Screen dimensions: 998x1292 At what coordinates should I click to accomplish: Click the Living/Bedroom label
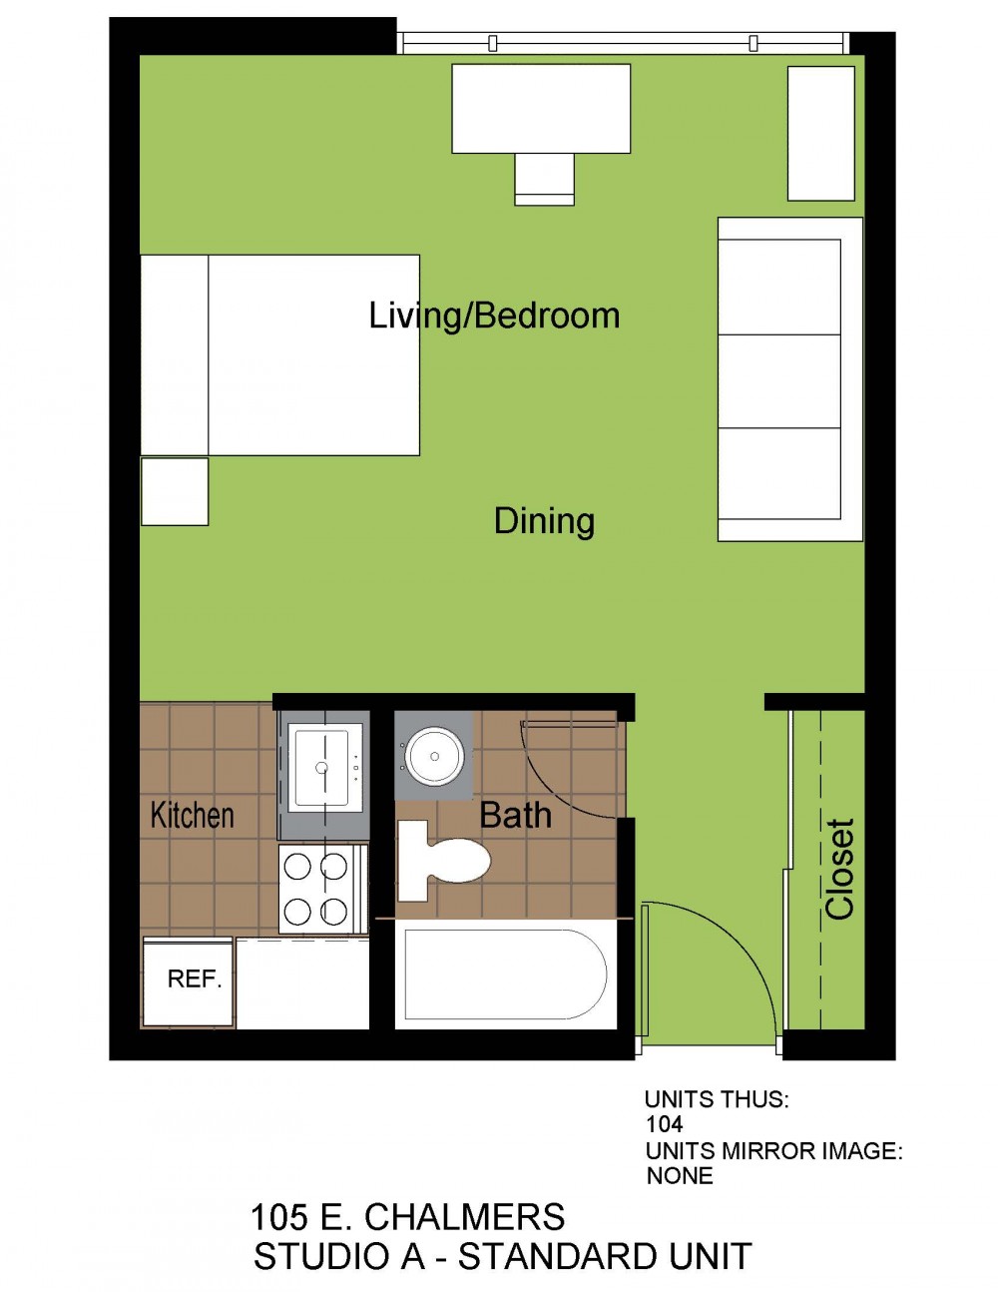[x=494, y=316]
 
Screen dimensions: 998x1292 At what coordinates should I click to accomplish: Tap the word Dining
[x=544, y=521]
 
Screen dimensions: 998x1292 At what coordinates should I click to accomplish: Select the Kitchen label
[x=192, y=815]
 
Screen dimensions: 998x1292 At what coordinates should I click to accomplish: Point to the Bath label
[x=515, y=815]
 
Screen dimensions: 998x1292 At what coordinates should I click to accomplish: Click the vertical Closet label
[x=839, y=870]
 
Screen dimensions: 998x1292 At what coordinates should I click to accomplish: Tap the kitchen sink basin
[x=321, y=768]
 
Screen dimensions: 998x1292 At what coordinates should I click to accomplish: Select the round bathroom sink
[x=434, y=756]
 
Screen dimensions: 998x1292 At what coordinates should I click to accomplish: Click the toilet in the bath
[x=443, y=861]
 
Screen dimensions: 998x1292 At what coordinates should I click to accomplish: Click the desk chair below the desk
[x=544, y=180]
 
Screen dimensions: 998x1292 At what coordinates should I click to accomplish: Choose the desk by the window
[x=541, y=109]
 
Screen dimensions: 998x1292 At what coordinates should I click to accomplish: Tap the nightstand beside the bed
[x=175, y=491]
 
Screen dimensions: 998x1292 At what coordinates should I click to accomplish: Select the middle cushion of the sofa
[x=779, y=381]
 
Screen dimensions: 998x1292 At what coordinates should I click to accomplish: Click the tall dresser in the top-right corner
[x=821, y=134]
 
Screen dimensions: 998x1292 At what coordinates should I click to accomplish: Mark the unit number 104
[x=665, y=1124]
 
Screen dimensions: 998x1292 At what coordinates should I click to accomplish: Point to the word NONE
[x=680, y=1176]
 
